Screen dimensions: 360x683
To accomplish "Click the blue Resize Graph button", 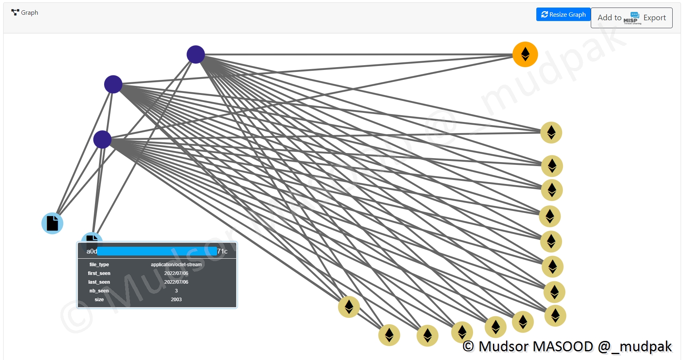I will tap(563, 15).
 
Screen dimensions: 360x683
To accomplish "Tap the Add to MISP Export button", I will tap(631, 18).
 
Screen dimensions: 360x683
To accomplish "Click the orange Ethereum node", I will tap(525, 54).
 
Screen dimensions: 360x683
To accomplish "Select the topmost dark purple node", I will tap(196, 54).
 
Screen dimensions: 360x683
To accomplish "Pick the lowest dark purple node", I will tap(102, 139).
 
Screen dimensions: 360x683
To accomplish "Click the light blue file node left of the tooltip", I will tap(52, 223).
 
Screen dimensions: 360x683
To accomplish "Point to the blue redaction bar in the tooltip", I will tap(157, 251).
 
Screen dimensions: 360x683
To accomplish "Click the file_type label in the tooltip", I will tap(99, 265).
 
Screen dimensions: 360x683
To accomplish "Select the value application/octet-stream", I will tap(176, 265).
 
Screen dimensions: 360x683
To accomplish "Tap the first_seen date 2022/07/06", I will tap(176, 273).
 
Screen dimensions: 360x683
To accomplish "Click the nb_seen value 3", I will tap(176, 291).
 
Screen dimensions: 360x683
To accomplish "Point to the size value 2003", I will tap(176, 300).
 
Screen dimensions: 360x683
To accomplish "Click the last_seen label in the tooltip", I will tap(99, 282).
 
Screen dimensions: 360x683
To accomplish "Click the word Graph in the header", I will tap(29, 13).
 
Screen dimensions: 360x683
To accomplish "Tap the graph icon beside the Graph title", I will tap(15, 12).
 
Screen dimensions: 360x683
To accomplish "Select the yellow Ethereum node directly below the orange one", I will tap(551, 132).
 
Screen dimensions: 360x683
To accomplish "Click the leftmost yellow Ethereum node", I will tap(349, 307).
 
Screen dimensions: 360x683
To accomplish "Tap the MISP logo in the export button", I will tap(631, 18).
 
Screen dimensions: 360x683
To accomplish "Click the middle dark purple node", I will tap(113, 84).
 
